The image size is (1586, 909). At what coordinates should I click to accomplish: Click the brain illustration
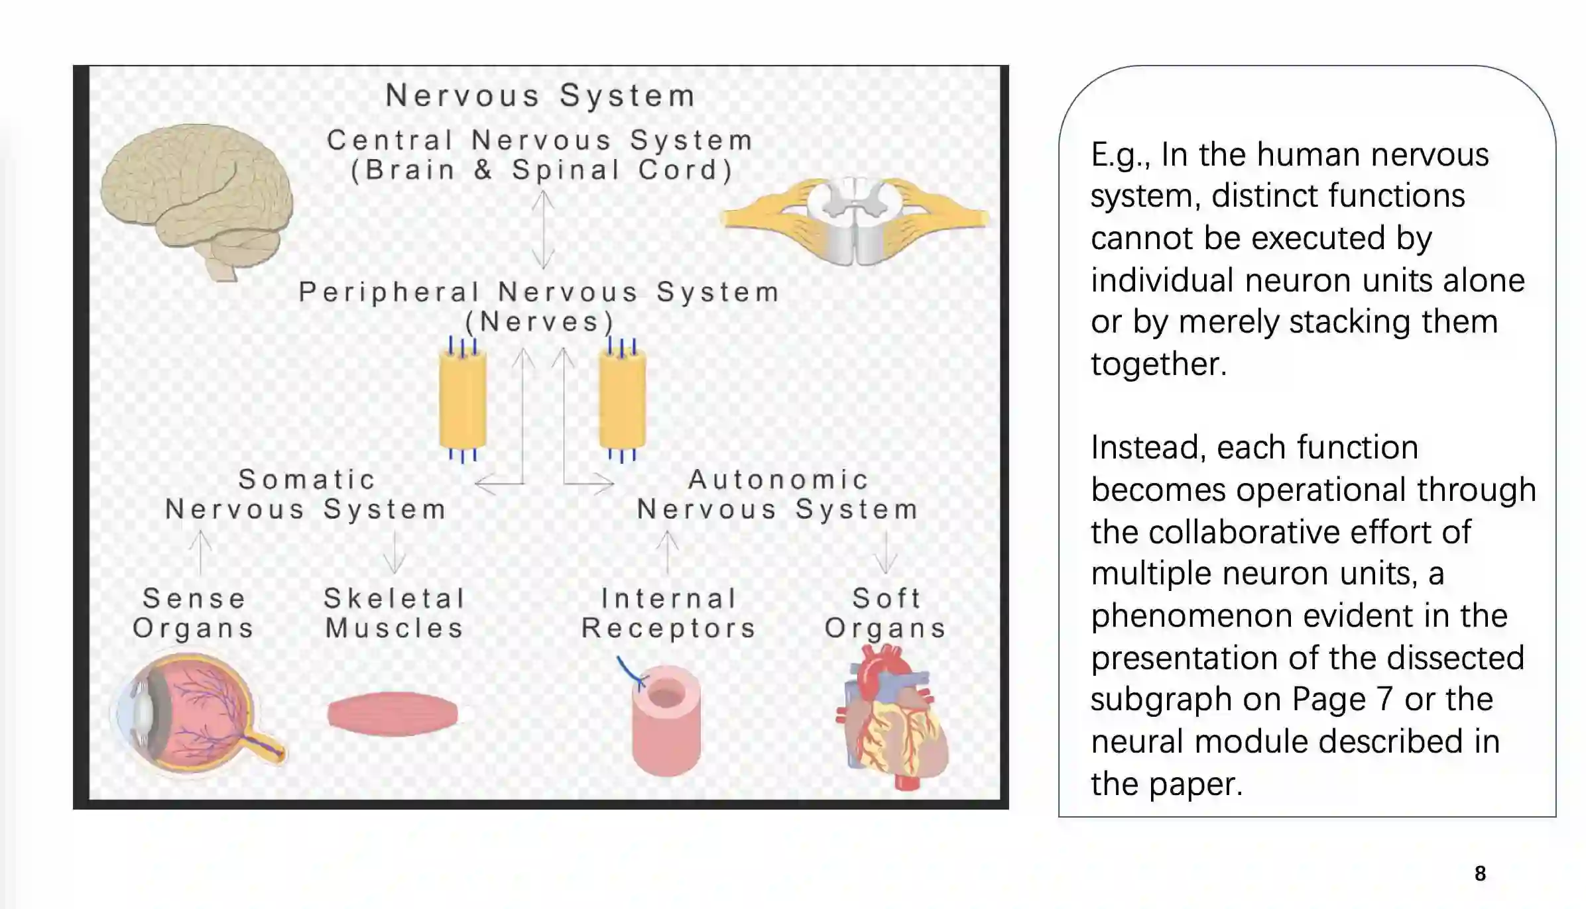[198, 199]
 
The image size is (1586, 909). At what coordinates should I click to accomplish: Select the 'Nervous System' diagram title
[540, 95]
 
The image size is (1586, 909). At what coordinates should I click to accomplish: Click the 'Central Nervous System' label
[540, 140]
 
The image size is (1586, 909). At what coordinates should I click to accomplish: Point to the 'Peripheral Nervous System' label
[539, 292]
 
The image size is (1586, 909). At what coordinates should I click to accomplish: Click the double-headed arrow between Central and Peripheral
[543, 229]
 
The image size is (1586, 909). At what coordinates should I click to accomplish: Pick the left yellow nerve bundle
[462, 400]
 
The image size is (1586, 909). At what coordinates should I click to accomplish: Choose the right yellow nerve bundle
[622, 400]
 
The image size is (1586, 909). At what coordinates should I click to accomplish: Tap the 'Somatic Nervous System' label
[306, 494]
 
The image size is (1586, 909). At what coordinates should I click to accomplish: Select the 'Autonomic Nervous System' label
[778, 494]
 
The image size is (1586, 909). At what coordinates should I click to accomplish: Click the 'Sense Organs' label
[194, 613]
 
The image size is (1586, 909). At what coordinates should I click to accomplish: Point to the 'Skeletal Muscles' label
[395, 613]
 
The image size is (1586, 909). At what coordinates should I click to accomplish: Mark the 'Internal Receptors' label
[669, 613]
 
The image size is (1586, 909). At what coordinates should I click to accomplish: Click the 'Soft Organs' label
[886, 613]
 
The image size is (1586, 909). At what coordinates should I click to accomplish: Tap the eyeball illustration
[196, 712]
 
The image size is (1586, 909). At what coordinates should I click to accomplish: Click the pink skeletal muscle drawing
[393, 714]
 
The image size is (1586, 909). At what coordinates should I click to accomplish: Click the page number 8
[1480, 873]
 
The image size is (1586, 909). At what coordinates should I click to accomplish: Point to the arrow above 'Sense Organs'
[200, 553]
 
